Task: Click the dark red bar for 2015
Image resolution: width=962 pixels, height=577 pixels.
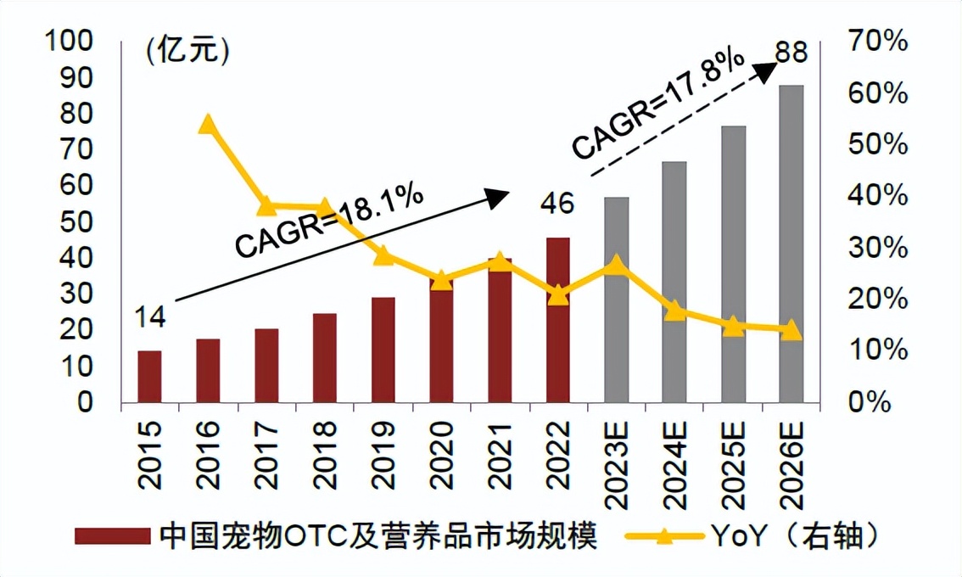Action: pyautogui.click(x=149, y=377)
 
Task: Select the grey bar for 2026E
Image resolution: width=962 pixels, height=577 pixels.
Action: pyautogui.click(x=790, y=246)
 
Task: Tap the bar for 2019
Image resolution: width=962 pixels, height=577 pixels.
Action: pyautogui.click(x=383, y=350)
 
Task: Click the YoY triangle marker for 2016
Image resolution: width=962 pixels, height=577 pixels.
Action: pyautogui.click(x=208, y=126)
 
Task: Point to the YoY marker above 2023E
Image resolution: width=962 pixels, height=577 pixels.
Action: pyautogui.click(x=616, y=266)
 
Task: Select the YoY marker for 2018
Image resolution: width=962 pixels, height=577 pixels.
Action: pyautogui.click(x=324, y=208)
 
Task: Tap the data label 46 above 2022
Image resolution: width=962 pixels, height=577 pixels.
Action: pyautogui.click(x=557, y=204)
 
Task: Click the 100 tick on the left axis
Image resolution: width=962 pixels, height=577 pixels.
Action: pyautogui.click(x=69, y=41)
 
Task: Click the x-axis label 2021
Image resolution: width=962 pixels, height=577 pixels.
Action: pyautogui.click(x=500, y=457)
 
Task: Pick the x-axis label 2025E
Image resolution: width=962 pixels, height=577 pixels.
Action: pyautogui.click(x=732, y=462)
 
